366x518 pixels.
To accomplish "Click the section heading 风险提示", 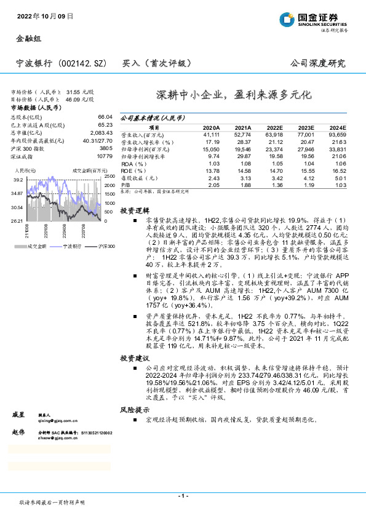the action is [134, 408].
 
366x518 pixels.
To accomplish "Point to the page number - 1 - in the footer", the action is [183, 495].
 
